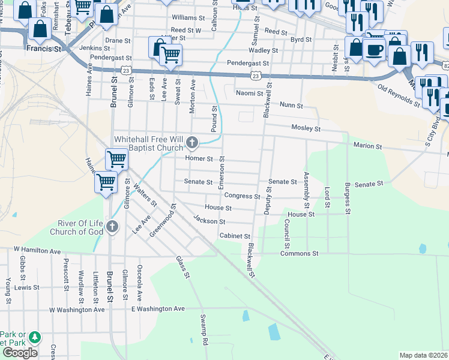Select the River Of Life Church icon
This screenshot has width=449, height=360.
pos(113,227)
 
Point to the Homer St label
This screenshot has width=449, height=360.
pos(199,159)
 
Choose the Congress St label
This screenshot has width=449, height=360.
pos(242,196)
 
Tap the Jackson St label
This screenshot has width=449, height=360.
pos(209,221)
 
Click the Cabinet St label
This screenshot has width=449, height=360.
pos(234,236)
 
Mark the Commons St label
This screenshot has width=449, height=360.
pos(299,254)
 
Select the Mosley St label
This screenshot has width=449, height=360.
pos(306,128)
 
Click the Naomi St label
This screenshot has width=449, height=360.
pos(249,94)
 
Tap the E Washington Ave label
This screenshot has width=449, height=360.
pos(158,308)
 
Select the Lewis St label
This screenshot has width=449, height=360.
pos(27,287)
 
